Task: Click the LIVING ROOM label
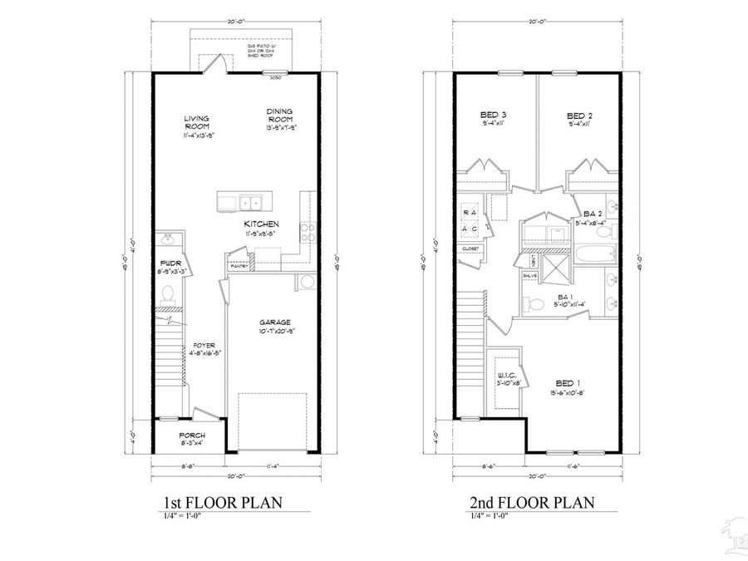(196, 122)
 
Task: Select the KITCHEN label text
(261, 224)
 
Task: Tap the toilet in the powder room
(166, 293)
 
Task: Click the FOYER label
(201, 345)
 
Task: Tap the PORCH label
(192, 436)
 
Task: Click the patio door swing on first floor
(215, 65)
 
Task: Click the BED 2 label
(578, 115)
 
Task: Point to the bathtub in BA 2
(593, 255)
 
